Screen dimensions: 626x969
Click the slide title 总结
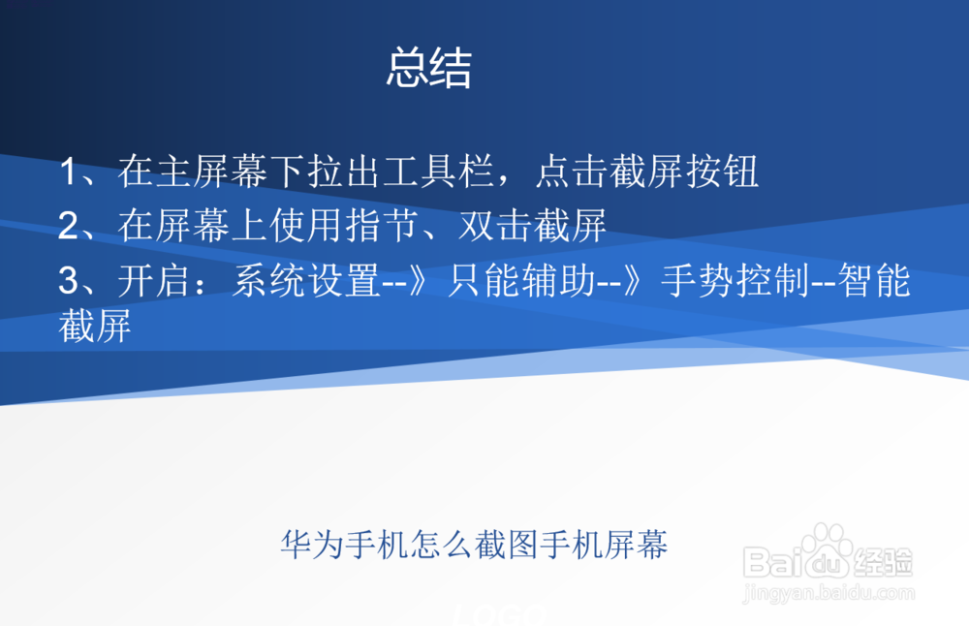click(428, 69)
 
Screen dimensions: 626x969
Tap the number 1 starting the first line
click(69, 173)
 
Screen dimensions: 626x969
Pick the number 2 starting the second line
click(69, 227)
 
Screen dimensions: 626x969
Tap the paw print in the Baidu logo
click(827, 545)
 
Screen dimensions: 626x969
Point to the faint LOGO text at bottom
click(500, 614)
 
